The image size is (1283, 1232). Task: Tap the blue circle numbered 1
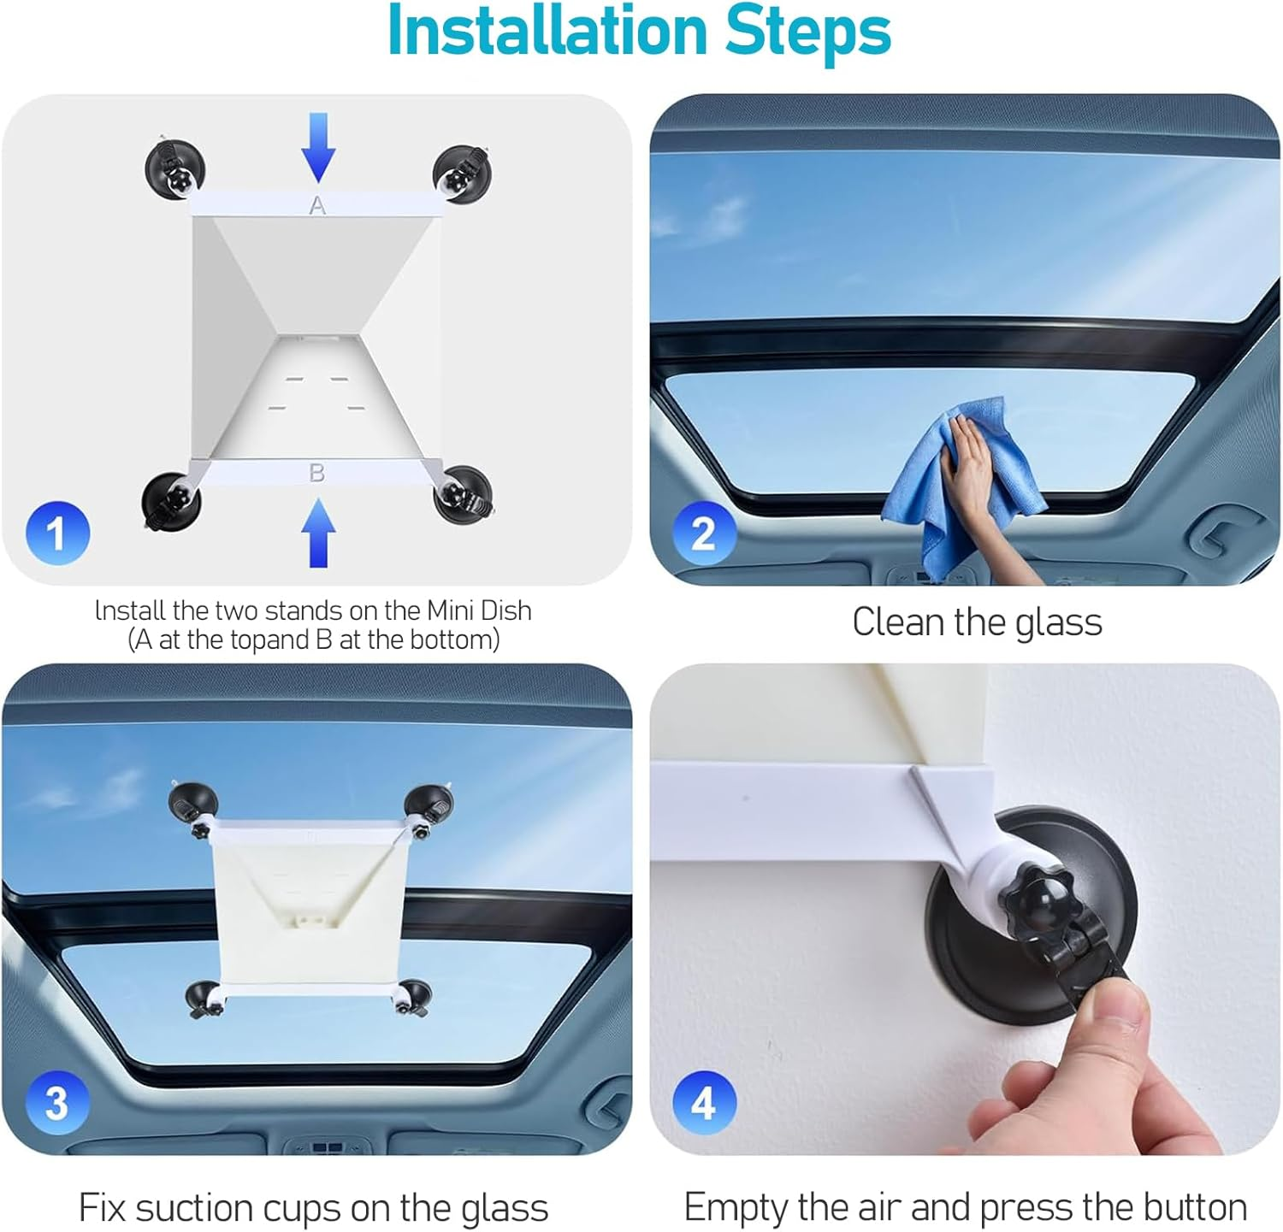(x=56, y=533)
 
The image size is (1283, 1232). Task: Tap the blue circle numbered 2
(x=703, y=533)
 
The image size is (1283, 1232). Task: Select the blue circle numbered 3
(x=56, y=1102)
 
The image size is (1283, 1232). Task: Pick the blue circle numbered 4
(x=703, y=1102)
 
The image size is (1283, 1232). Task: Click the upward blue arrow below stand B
(x=318, y=532)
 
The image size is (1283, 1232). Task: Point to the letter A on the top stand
(x=317, y=205)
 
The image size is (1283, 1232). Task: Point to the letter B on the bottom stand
(x=316, y=472)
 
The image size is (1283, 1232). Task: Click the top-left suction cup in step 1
(x=174, y=167)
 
